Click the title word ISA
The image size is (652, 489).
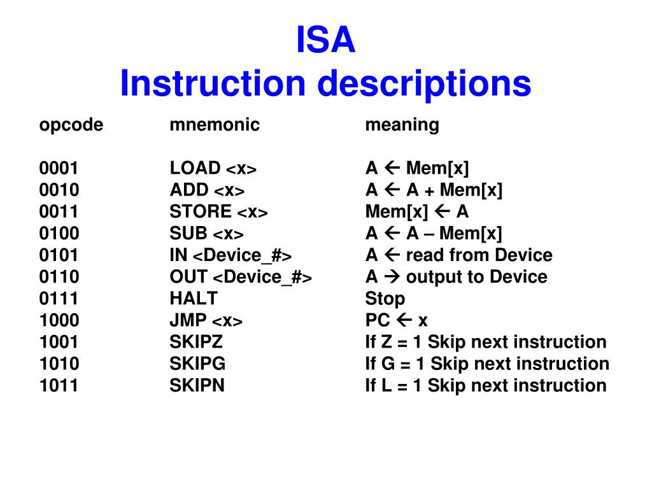pos(325,40)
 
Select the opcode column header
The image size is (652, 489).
pos(71,125)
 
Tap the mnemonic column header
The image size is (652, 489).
pos(215,125)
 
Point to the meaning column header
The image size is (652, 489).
pos(402,125)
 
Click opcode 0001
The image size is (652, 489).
pos(59,169)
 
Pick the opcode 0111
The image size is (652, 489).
pos(59,299)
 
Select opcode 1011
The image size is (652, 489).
pos(59,385)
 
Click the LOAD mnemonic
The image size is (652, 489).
pos(195,169)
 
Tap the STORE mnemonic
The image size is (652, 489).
pos(201,212)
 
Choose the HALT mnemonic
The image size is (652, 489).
pos(194,299)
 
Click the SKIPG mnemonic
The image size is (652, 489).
pos(197,364)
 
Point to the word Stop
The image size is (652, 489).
pos(385,299)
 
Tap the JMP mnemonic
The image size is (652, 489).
pos(188,320)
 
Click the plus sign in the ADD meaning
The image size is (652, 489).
pos(430,191)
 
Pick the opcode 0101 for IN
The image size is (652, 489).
pos(59,255)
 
